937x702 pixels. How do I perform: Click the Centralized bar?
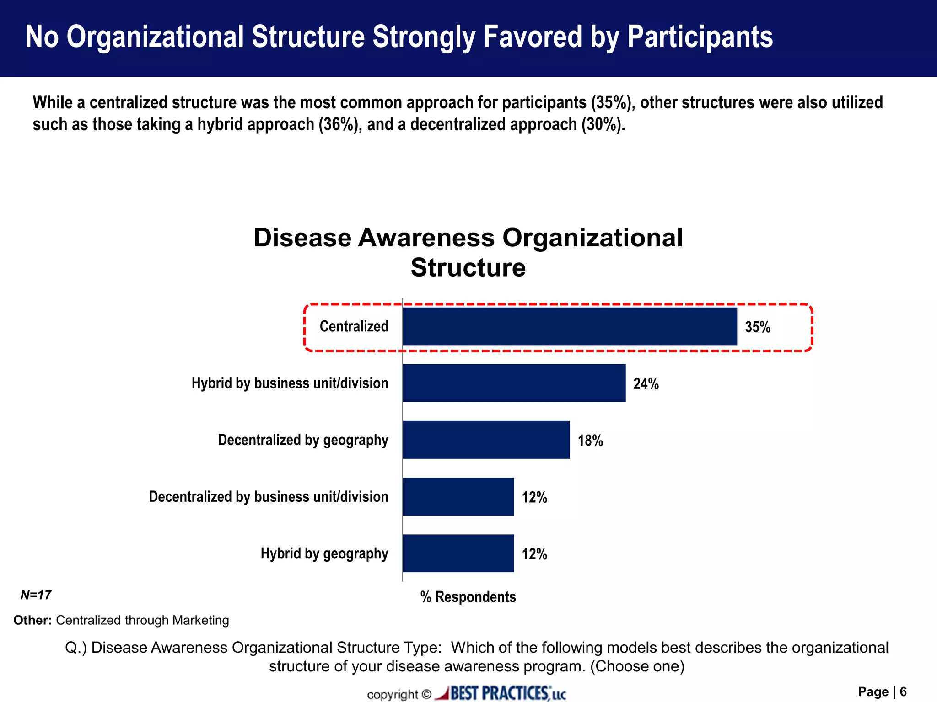(x=570, y=326)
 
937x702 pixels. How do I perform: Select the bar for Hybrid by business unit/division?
(x=514, y=383)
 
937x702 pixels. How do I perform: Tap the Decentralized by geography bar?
(x=486, y=440)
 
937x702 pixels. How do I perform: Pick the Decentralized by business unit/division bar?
(x=458, y=496)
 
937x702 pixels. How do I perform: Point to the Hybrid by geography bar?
(x=458, y=553)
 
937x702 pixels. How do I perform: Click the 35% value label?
(x=758, y=327)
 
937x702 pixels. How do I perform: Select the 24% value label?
(x=646, y=384)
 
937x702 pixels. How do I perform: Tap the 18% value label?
(x=590, y=441)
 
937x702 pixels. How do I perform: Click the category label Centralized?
(x=354, y=326)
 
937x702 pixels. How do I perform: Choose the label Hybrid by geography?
(x=324, y=553)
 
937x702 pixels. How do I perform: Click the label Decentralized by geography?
(x=303, y=440)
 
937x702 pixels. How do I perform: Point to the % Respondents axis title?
(x=468, y=597)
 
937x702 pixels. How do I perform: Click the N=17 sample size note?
(x=36, y=595)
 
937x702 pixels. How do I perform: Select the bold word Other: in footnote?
(x=32, y=620)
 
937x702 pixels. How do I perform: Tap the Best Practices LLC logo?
(x=501, y=693)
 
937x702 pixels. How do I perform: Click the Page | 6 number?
(x=882, y=692)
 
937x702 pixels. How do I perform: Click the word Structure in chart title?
(x=468, y=267)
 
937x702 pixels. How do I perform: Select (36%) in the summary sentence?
(x=338, y=124)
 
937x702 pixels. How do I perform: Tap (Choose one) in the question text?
(x=637, y=666)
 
